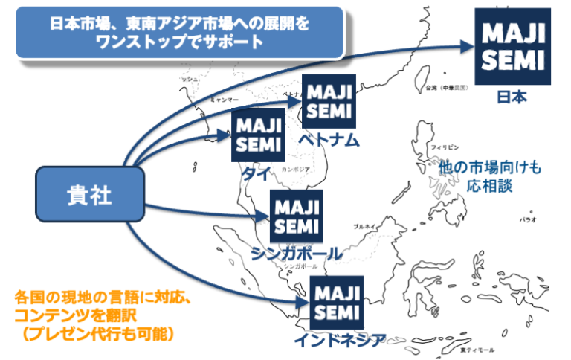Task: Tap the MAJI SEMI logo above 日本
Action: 512,47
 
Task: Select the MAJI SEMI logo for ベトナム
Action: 328,101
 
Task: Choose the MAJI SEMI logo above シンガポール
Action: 294,215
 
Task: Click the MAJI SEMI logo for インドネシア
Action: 336,301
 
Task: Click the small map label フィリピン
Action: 445,147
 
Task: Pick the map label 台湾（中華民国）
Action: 445,87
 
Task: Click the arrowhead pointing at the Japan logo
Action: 465,45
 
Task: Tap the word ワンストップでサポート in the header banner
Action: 179,42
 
